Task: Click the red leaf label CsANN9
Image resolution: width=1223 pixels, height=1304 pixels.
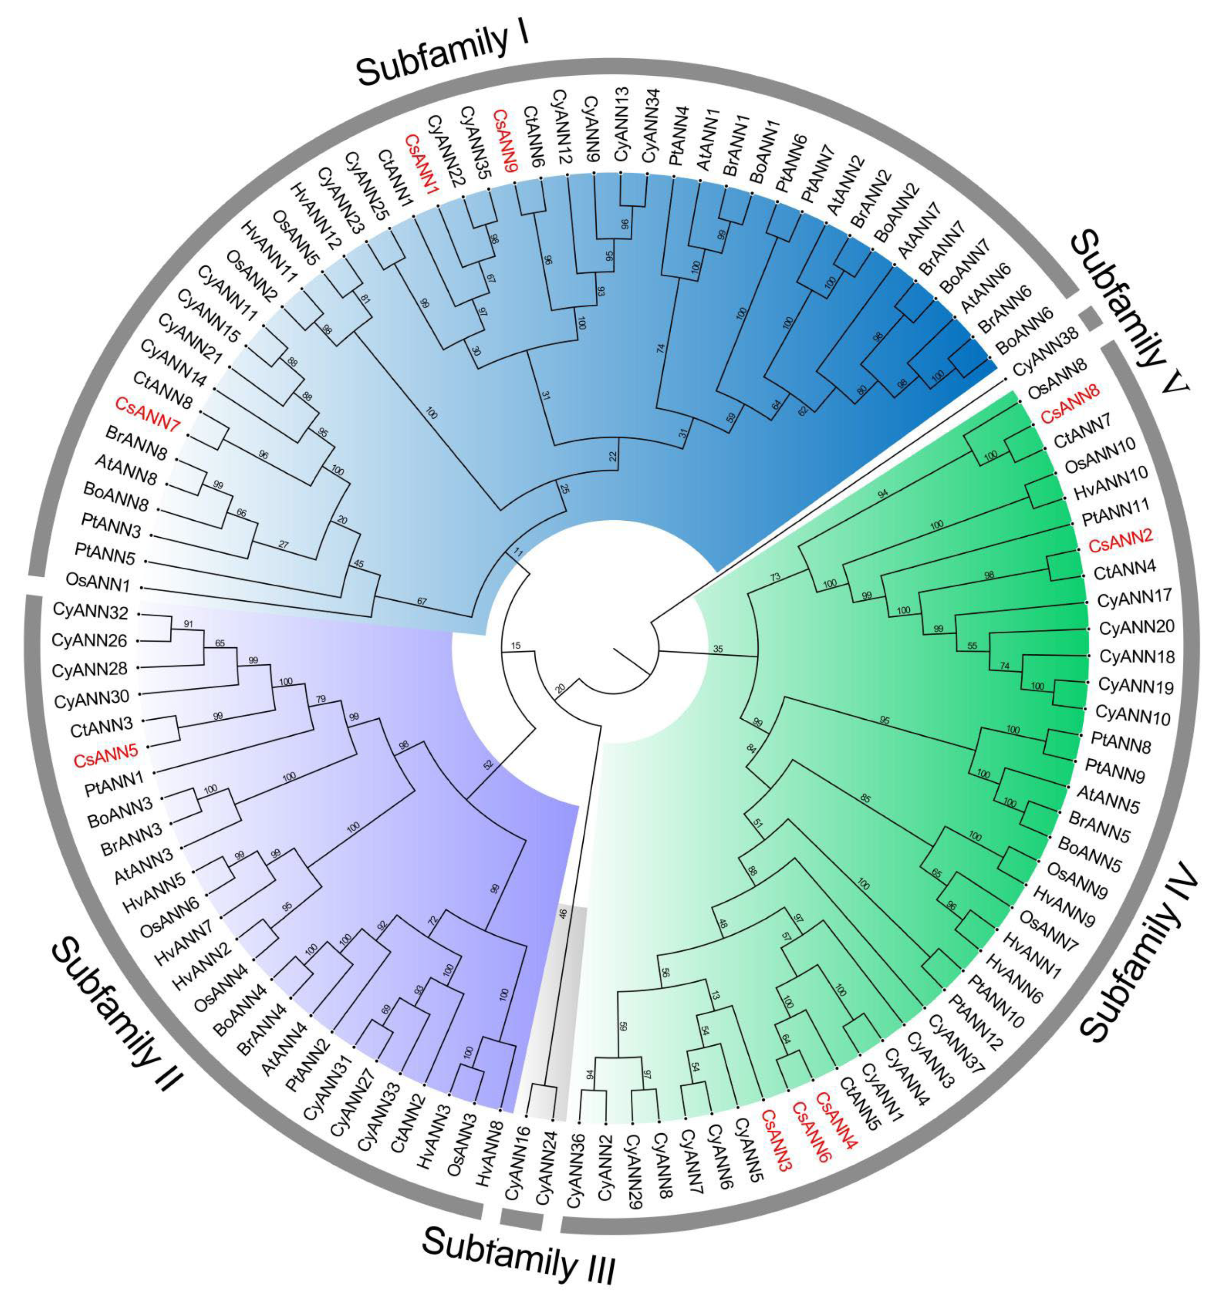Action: click(x=505, y=141)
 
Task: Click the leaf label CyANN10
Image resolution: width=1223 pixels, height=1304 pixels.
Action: click(x=1133, y=716)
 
